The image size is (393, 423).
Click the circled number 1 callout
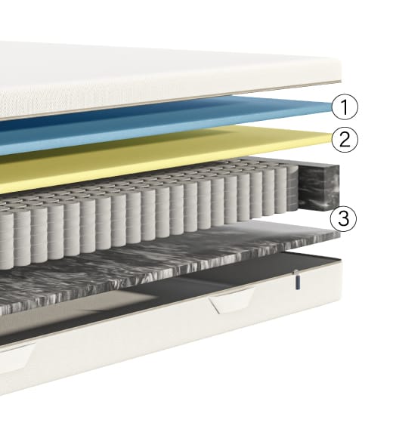[x=345, y=107]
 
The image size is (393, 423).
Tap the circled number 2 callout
[x=345, y=140]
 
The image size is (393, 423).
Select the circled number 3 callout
[x=344, y=218]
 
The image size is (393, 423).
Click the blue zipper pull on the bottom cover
[x=296, y=280]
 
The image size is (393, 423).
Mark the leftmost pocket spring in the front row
[x=6, y=242]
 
